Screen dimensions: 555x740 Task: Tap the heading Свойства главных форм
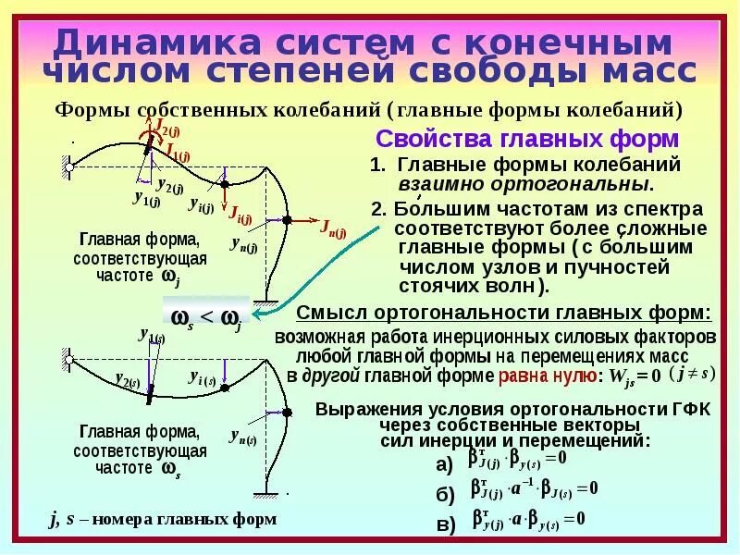[x=527, y=139]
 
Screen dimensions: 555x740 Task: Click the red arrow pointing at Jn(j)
[x=305, y=222]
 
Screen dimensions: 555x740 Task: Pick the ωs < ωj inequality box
[x=208, y=316]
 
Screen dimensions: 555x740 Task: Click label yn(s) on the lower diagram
[x=245, y=436]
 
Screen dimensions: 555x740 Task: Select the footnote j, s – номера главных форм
[x=163, y=519]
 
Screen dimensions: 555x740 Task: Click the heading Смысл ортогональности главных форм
[x=504, y=312]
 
